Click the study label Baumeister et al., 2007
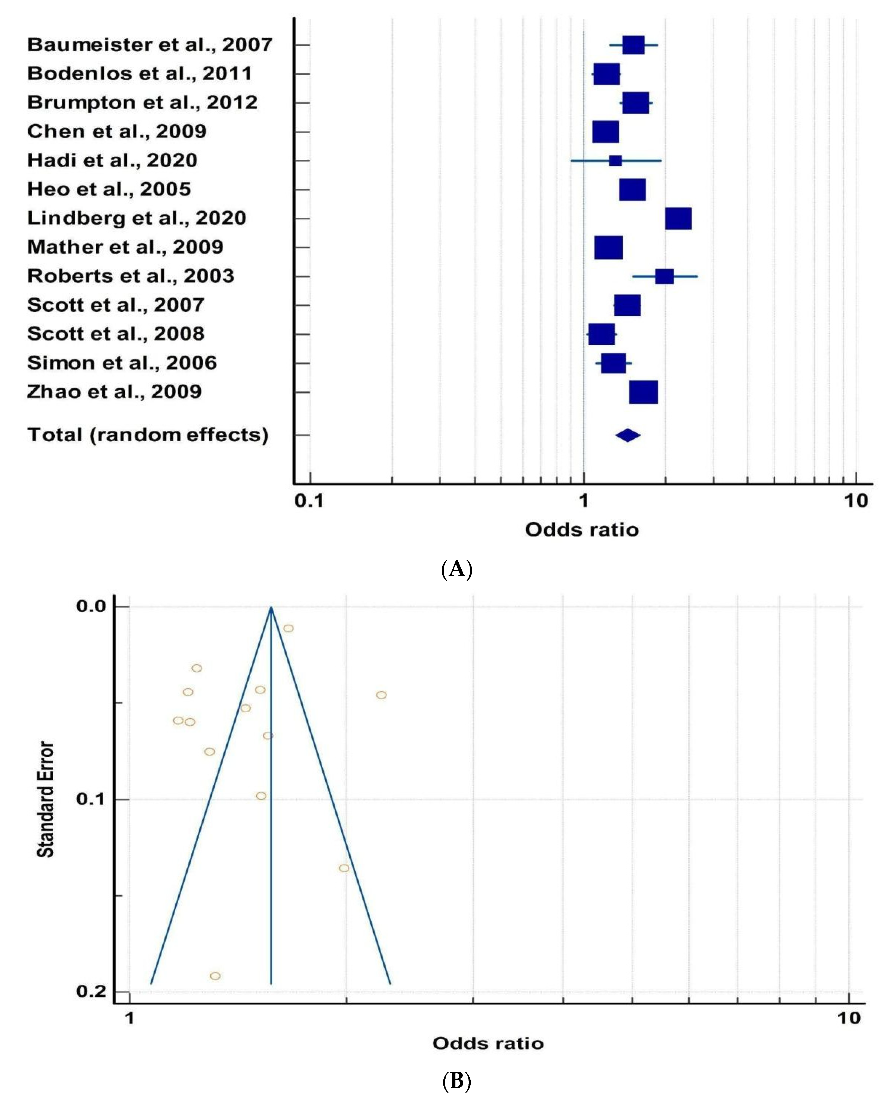(x=149, y=45)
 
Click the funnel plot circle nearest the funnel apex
(x=288, y=628)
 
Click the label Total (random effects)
(x=148, y=435)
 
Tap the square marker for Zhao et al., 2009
(x=643, y=392)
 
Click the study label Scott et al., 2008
(x=116, y=334)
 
